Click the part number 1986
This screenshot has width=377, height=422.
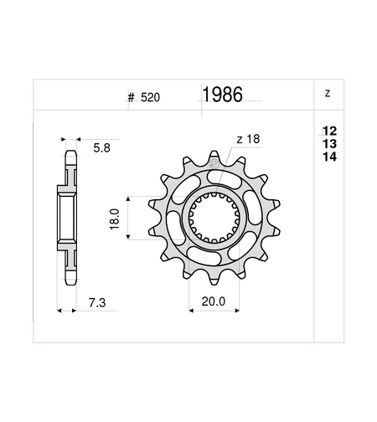(222, 95)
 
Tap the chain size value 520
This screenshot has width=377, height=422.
(150, 97)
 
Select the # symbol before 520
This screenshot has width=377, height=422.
(131, 98)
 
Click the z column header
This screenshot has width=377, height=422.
(328, 93)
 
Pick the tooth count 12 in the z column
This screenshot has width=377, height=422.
(329, 131)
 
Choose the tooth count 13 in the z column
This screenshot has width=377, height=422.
(329, 144)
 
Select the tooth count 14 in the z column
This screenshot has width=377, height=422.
(329, 157)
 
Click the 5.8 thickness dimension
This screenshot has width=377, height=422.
(101, 148)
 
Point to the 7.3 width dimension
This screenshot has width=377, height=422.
(97, 303)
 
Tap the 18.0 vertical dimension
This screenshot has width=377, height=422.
(115, 219)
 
